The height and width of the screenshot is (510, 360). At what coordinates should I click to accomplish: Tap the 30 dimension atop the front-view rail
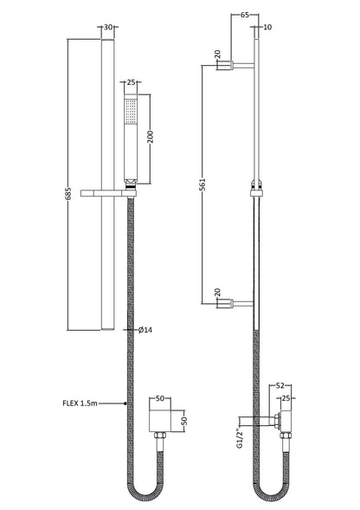108,27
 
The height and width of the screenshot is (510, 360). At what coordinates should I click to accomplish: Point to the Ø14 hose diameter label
147,330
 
